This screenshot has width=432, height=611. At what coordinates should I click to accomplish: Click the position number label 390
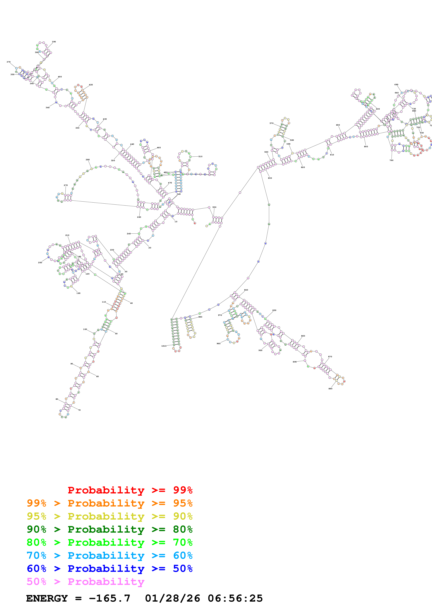(x=54, y=42)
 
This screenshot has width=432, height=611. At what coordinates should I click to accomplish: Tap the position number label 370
(x=9, y=62)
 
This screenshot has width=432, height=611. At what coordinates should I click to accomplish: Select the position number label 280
(x=88, y=160)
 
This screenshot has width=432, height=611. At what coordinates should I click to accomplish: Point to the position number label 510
(x=200, y=156)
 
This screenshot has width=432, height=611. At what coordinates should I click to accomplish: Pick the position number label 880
(x=330, y=389)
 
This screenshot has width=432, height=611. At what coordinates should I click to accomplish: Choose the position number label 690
(x=396, y=85)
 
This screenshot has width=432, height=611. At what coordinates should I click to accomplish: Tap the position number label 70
(x=79, y=410)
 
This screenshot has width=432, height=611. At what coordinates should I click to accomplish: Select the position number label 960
(x=219, y=343)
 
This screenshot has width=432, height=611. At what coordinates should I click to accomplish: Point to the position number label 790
(x=391, y=160)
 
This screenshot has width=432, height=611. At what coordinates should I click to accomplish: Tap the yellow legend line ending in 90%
(x=109, y=516)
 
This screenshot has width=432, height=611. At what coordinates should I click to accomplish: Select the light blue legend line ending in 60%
(x=109, y=555)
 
